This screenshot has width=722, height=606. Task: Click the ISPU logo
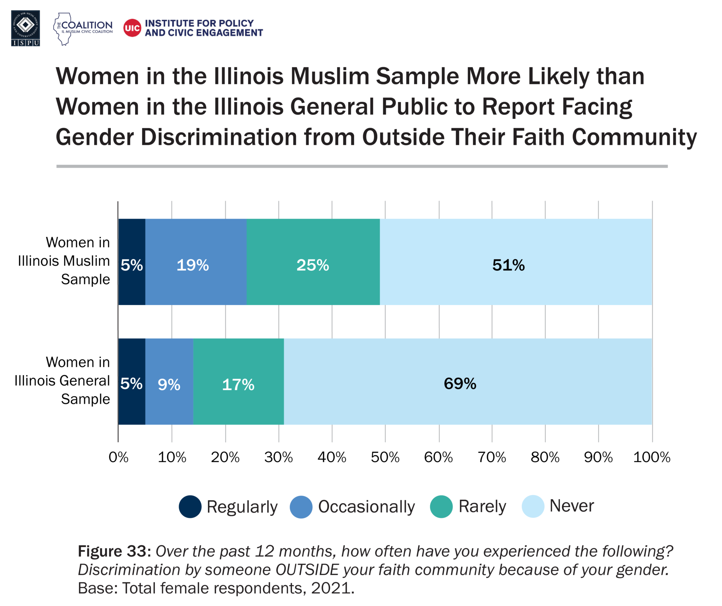pos(25,28)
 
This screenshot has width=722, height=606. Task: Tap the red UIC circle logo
pos(132,28)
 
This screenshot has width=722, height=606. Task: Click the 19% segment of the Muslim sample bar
pos(196,262)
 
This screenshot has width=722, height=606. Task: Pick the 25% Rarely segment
pos(313,262)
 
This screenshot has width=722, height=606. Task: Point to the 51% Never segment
pos(515,262)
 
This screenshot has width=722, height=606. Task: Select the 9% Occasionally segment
pos(169,381)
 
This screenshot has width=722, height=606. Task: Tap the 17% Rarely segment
pos(238,381)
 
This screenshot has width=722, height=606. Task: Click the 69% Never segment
pos(467,381)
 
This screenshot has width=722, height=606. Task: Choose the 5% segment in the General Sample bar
pos(131,381)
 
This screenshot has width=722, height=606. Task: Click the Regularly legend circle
pos(190,506)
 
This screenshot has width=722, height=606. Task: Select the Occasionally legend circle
pos(301,506)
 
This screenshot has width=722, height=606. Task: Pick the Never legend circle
pos(533,506)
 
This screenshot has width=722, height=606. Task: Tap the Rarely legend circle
pos(441,506)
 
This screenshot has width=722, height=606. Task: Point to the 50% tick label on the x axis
pos(385,457)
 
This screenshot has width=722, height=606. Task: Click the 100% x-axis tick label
pos(651,457)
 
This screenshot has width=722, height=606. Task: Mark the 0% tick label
pos(118,457)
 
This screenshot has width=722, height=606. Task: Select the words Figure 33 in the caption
pos(114,551)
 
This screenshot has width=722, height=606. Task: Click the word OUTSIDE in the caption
pos(307,570)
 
